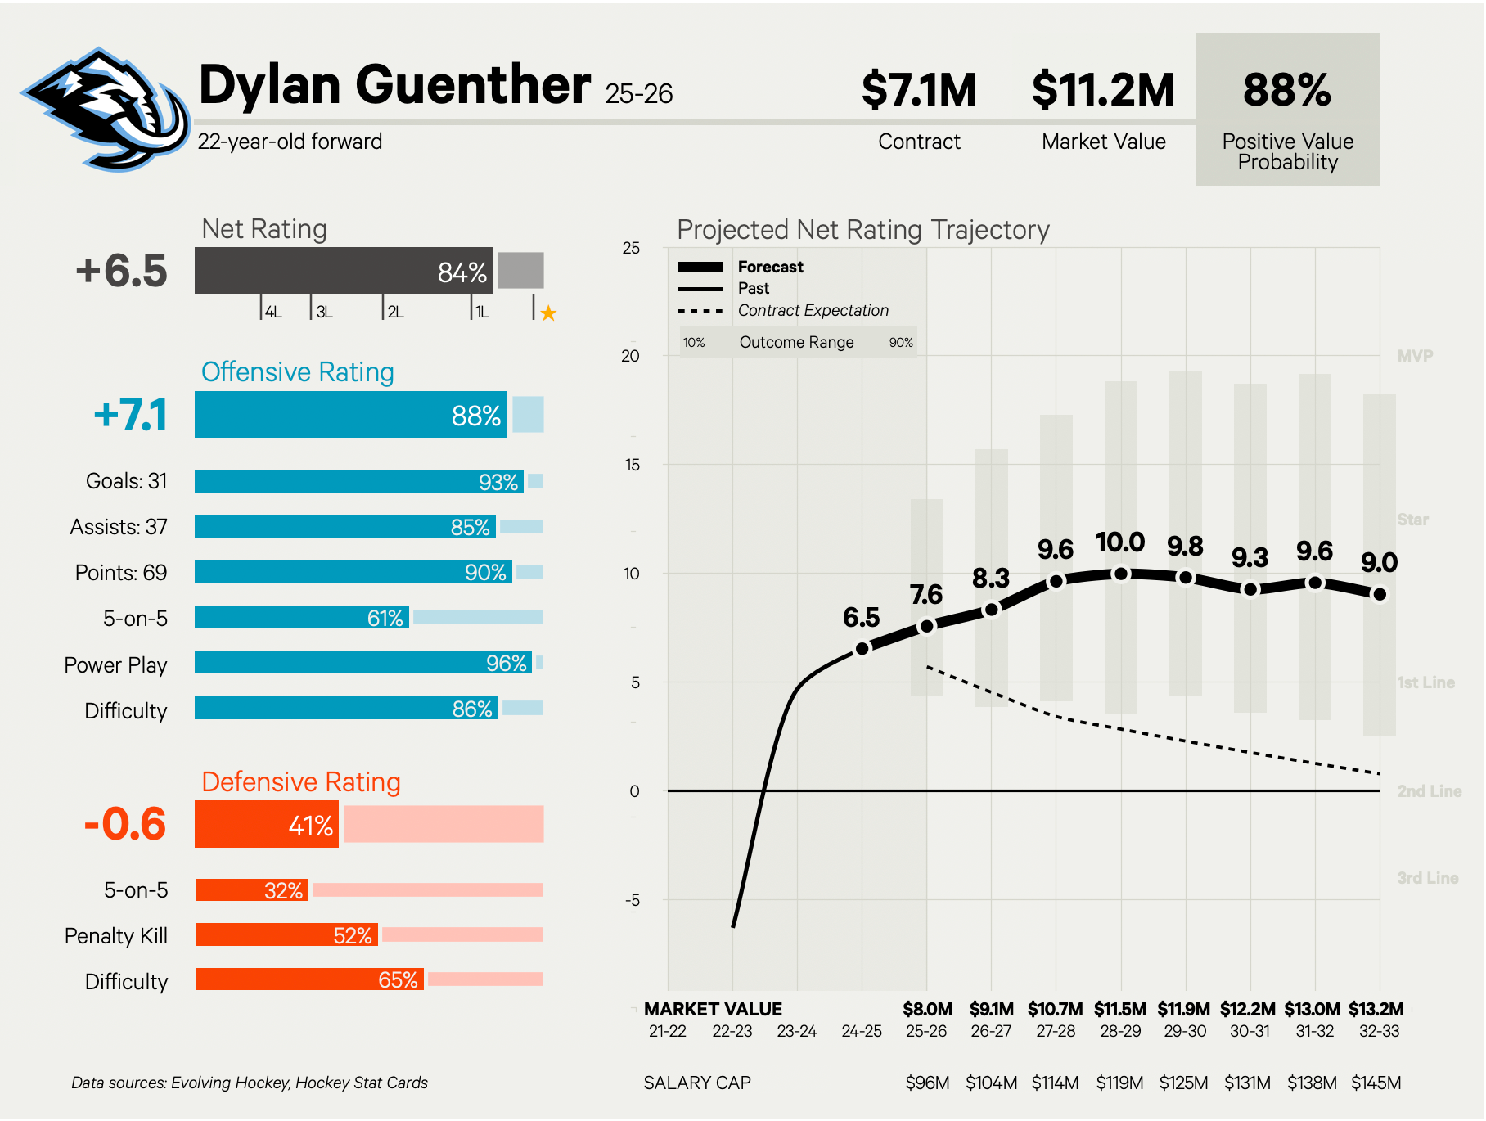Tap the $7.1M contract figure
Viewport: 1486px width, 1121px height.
click(919, 90)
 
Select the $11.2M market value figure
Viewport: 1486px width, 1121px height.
click(1103, 90)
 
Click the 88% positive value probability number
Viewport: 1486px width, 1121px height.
click(1287, 90)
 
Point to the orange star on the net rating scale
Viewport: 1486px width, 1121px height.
click(548, 313)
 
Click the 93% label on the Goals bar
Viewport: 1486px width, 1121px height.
click(498, 482)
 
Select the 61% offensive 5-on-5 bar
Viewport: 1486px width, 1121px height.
click(302, 618)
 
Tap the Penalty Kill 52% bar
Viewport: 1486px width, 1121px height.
click(286, 934)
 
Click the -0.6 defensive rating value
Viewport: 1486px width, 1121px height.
click(125, 824)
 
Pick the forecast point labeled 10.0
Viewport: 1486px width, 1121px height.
click(1121, 574)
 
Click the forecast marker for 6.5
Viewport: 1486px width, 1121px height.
click(862, 649)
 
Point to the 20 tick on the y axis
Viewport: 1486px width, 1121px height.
click(630, 356)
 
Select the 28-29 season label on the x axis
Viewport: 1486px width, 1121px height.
click(1120, 1031)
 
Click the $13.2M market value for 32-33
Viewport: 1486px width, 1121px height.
click(1376, 1009)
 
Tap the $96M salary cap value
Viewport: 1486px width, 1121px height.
click(927, 1083)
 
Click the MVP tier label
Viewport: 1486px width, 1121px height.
click(1415, 356)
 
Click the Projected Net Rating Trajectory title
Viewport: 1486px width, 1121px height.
click(862, 230)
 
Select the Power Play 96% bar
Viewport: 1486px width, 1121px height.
click(363, 663)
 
